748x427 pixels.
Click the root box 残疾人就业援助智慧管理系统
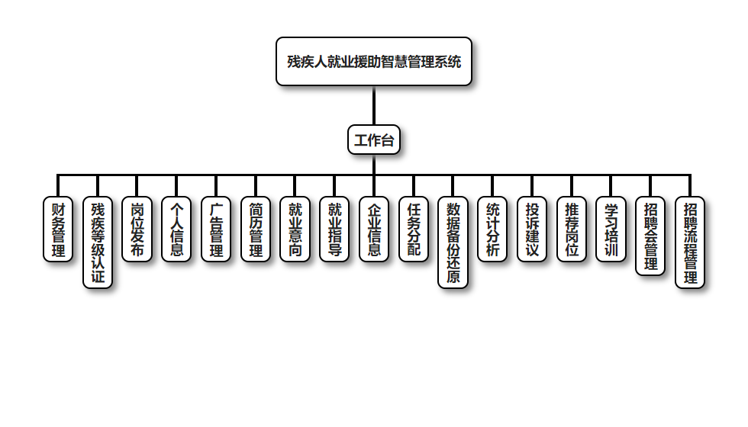click(374, 62)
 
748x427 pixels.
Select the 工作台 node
click(374, 140)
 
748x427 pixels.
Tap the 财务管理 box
click(58, 229)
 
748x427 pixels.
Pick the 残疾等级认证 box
click(98, 242)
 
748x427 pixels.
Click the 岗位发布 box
click(137, 229)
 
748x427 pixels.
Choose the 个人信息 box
click(177, 229)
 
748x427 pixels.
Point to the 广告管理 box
click(216, 229)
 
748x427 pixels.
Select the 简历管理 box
click(256, 229)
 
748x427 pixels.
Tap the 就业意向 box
click(295, 229)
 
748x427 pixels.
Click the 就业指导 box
click(335, 229)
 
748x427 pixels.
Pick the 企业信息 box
click(374, 229)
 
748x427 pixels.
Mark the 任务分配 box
click(414, 229)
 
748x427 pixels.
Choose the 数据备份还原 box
click(453, 242)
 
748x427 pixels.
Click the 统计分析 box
click(493, 229)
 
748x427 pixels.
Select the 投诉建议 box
click(532, 229)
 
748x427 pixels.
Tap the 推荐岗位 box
click(572, 229)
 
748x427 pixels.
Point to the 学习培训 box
click(611, 229)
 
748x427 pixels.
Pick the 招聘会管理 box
click(650, 236)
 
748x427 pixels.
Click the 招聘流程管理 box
click(690, 242)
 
